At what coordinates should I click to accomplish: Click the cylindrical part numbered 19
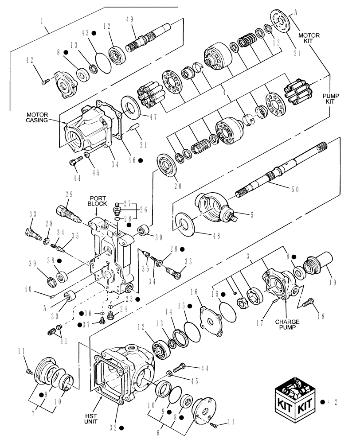326,260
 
